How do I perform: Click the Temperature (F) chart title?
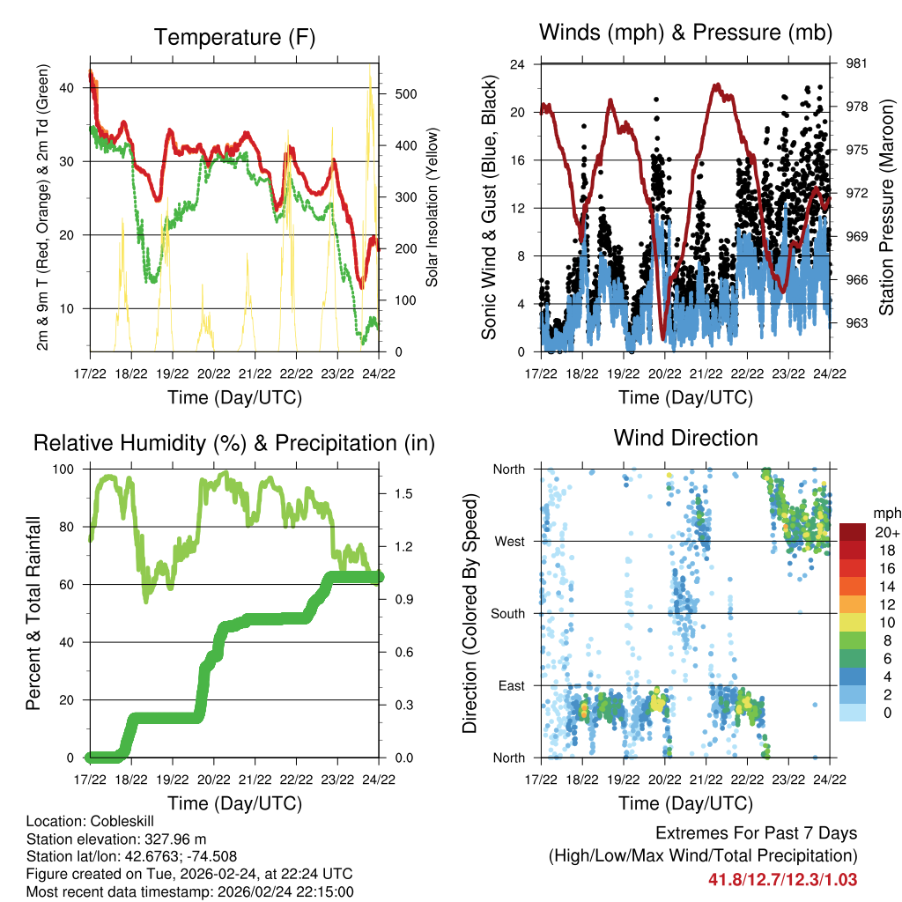[233, 38]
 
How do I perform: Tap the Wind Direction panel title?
[685, 438]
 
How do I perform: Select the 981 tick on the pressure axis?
[857, 63]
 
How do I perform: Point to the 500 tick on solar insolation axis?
[397, 94]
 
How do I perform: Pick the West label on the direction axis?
[509, 541]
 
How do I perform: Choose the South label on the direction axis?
[507, 613]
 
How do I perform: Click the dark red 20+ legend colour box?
[853, 532]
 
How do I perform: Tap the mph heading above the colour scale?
[885, 514]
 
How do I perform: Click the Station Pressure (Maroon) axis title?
[887, 208]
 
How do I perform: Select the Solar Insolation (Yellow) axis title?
[432, 208]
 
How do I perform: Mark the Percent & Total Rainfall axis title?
[34, 614]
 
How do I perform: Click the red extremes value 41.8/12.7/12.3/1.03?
[782, 879]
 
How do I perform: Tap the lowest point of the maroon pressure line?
[662, 338]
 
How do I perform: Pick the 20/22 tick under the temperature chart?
[214, 373]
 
